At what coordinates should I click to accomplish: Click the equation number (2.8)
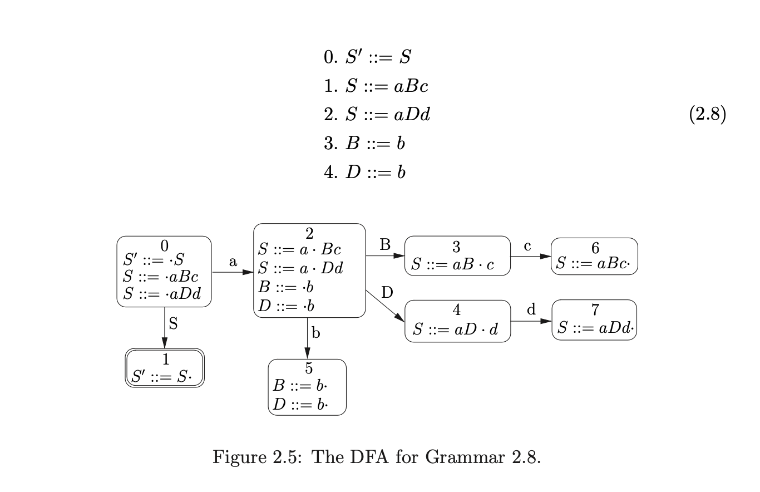tap(708, 115)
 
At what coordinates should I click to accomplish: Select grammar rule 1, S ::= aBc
tap(376, 86)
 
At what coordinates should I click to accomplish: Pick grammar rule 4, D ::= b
tap(364, 172)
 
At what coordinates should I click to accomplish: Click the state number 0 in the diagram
tap(164, 245)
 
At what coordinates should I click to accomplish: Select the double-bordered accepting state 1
tap(165, 368)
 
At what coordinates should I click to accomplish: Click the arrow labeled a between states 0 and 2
tap(233, 272)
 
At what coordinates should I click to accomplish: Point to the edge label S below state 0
tap(173, 324)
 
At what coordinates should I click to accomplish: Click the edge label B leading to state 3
tap(385, 244)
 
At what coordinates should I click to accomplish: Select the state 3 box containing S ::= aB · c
tap(457, 256)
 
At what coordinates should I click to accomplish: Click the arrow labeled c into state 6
tap(530, 256)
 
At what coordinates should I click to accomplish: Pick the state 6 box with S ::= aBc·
tap(594, 257)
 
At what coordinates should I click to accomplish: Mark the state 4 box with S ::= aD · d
tap(457, 321)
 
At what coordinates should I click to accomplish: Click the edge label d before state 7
tap(531, 310)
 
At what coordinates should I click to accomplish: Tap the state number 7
tap(595, 310)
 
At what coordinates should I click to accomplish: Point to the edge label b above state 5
tap(316, 333)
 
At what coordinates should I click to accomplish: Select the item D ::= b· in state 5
tap(300, 404)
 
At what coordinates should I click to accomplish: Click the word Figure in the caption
tap(239, 457)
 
